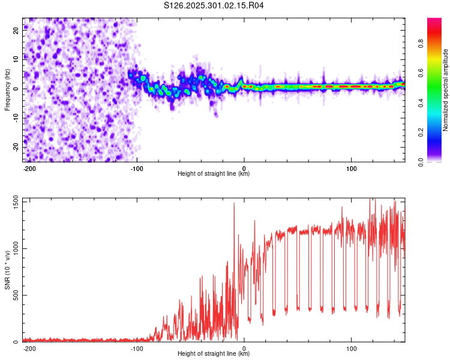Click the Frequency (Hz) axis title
[7, 89]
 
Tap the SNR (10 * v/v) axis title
[7, 270]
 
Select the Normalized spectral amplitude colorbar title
[446, 89]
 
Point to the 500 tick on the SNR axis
[14, 295]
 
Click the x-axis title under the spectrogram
[214, 174]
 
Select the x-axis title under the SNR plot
[214, 354]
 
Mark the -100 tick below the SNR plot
[137, 348]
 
